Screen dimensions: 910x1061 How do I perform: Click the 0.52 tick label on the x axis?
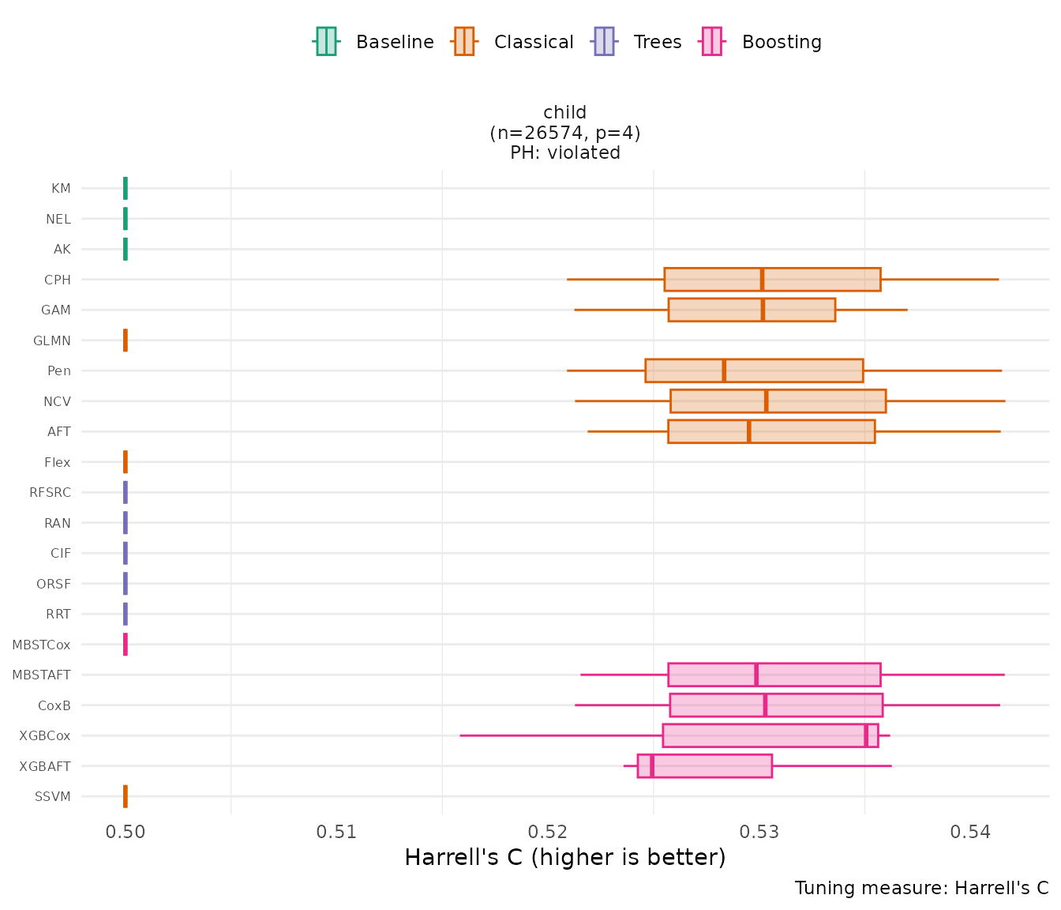(548, 832)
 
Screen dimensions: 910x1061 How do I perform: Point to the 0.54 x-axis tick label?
(970, 832)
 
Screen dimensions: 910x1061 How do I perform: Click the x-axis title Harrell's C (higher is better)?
(564, 857)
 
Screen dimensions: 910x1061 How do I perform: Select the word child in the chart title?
(564, 112)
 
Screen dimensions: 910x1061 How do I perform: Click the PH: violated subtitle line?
(564, 152)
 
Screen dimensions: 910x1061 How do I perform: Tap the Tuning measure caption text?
(921, 888)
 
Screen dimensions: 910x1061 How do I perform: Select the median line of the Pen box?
(724, 370)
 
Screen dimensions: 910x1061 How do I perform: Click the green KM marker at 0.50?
(126, 188)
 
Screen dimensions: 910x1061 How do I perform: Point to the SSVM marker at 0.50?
(126, 796)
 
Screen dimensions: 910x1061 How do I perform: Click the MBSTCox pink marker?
(126, 645)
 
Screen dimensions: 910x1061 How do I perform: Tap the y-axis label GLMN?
(52, 340)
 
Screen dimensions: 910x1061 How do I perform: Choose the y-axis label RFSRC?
(50, 492)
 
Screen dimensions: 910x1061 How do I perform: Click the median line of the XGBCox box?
(866, 735)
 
